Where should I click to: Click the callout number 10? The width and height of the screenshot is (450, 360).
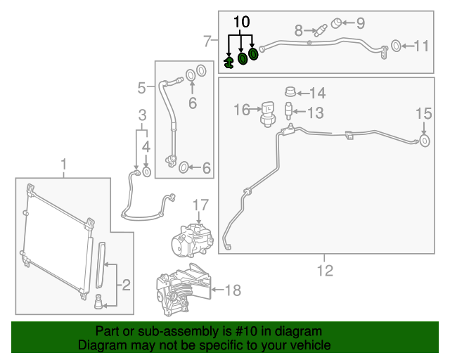(x=241, y=22)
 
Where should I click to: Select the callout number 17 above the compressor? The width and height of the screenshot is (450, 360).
(x=201, y=205)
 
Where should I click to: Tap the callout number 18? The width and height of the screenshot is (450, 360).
(x=233, y=289)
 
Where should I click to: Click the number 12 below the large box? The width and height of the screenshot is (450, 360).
(x=325, y=269)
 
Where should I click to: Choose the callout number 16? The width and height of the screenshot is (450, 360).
(x=242, y=109)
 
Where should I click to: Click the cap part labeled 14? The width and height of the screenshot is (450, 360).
(x=289, y=91)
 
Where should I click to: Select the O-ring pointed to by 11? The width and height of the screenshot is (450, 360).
(x=395, y=46)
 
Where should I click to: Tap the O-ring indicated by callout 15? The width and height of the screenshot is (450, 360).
(x=425, y=142)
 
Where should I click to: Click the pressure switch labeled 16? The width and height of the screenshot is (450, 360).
(x=268, y=112)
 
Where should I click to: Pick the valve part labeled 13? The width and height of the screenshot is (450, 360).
(x=288, y=111)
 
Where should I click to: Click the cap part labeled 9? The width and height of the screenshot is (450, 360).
(x=337, y=23)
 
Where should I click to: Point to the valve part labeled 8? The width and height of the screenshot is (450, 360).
(x=321, y=31)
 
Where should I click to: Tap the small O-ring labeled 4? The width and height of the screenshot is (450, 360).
(x=146, y=171)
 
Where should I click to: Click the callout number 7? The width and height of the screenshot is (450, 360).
(x=207, y=41)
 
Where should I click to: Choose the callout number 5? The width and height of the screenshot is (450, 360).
(x=142, y=88)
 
